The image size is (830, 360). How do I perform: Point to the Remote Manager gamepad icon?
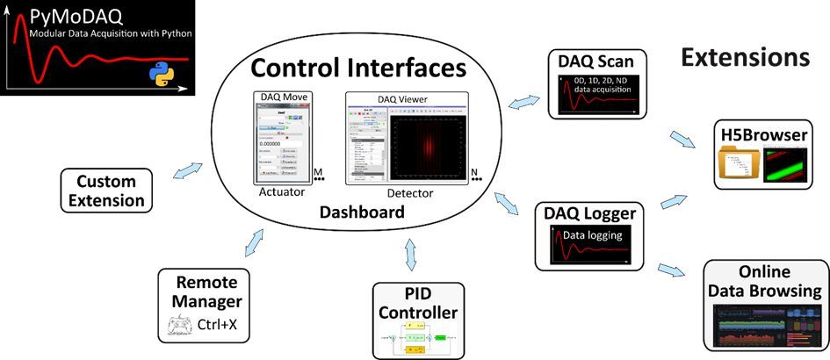(x=179, y=328)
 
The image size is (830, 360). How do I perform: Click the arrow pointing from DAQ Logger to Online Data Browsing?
(x=674, y=267)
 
